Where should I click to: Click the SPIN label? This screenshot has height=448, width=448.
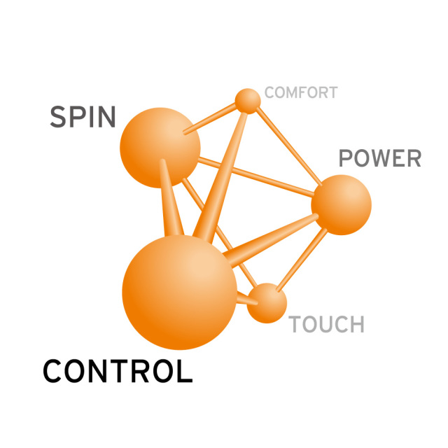pyautogui.click(x=83, y=117)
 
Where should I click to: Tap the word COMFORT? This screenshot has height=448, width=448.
pyautogui.click(x=301, y=92)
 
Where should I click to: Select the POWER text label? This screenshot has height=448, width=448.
pyautogui.click(x=380, y=158)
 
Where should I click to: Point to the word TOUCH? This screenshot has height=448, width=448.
pyautogui.click(x=327, y=324)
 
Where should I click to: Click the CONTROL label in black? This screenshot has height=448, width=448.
pyautogui.click(x=118, y=371)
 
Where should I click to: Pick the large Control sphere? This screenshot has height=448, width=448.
pyautogui.click(x=179, y=292)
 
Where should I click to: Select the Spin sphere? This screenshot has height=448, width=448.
pyautogui.click(x=160, y=148)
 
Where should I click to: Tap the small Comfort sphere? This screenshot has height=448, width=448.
pyautogui.click(x=248, y=101)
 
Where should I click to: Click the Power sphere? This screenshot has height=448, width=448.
pyautogui.click(x=341, y=205)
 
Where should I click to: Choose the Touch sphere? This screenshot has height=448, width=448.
pyautogui.click(x=267, y=303)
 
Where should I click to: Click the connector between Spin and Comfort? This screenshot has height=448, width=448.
pyautogui.click(x=210, y=118)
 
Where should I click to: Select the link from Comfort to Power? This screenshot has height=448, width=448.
pyautogui.click(x=289, y=146)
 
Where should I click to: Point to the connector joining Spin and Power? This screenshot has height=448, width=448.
pyautogui.click(x=256, y=177)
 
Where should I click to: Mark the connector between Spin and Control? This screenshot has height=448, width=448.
pyautogui.click(x=171, y=197)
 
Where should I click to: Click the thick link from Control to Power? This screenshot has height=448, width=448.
pyautogui.click(x=271, y=241)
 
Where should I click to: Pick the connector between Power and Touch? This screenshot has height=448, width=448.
pyautogui.click(x=302, y=260)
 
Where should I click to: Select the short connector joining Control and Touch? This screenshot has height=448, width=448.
pyautogui.click(x=247, y=299)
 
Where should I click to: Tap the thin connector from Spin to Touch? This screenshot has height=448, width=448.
pyautogui.click(x=219, y=232)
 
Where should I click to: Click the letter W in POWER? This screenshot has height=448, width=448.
pyautogui.click(x=379, y=158)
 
